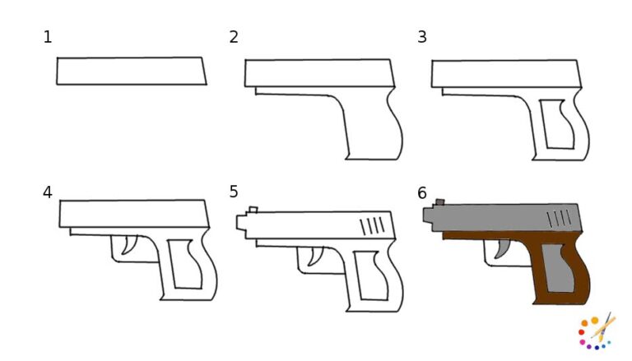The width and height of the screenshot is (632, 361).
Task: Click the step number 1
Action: (x=47, y=37)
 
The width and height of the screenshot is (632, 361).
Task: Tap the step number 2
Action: (x=234, y=37)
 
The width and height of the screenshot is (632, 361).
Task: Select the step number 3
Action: (x=422, y=37)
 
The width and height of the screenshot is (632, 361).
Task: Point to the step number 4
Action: (x=47, y=192)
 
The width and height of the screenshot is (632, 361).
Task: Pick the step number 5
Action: (x=234, y=192)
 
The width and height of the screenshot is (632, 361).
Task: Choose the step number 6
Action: (x=422, y=193)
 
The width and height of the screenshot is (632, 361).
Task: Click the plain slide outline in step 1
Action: (x=131, y=71)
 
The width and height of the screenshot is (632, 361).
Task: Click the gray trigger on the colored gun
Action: (x=500, y=250)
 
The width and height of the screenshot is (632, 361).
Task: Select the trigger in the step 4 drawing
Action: (x=128, y=246)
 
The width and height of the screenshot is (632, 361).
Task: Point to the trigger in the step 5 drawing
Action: (x=314, y=257)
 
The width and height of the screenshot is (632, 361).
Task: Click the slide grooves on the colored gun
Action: (x=560, y=218)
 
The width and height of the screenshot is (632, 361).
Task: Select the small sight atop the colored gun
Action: (x=439, y=201)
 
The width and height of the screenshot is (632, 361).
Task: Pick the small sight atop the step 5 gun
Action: (x=253, y=211)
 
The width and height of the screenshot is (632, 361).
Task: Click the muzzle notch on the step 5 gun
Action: (x=241, y=223)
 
